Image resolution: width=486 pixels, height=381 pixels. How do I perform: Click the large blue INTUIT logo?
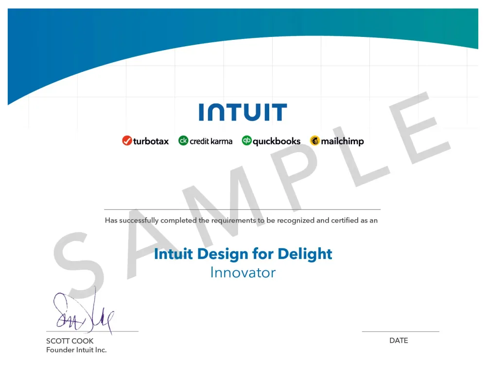[243, 112]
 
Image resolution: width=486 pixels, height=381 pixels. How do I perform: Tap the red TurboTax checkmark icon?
[127, 141]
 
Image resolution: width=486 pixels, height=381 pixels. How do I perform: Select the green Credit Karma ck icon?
[183, 141]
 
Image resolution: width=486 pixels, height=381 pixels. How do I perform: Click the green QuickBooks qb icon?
[247, 141]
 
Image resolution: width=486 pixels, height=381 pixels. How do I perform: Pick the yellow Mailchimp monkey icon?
[315, 141]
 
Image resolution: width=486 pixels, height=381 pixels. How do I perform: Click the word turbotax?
[151, 141]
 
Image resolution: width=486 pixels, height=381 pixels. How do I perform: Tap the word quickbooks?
[277, 141]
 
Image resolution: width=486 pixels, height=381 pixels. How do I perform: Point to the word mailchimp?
[342, 141]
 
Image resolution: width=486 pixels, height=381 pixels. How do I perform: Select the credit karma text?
[211, 141]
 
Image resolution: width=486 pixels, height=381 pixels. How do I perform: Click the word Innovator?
[243, 273]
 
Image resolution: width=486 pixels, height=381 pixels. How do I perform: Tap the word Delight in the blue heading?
[305, 254]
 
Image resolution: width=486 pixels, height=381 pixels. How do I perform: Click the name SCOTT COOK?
[70, 341]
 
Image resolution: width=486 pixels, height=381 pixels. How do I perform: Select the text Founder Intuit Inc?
[76, 350]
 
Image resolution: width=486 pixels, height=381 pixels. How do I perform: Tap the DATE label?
[399, 341]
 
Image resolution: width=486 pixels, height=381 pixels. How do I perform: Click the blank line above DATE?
[400, 332]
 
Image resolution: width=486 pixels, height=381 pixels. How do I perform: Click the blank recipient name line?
[243, 209]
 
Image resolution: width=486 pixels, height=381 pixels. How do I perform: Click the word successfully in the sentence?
[139, 221]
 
